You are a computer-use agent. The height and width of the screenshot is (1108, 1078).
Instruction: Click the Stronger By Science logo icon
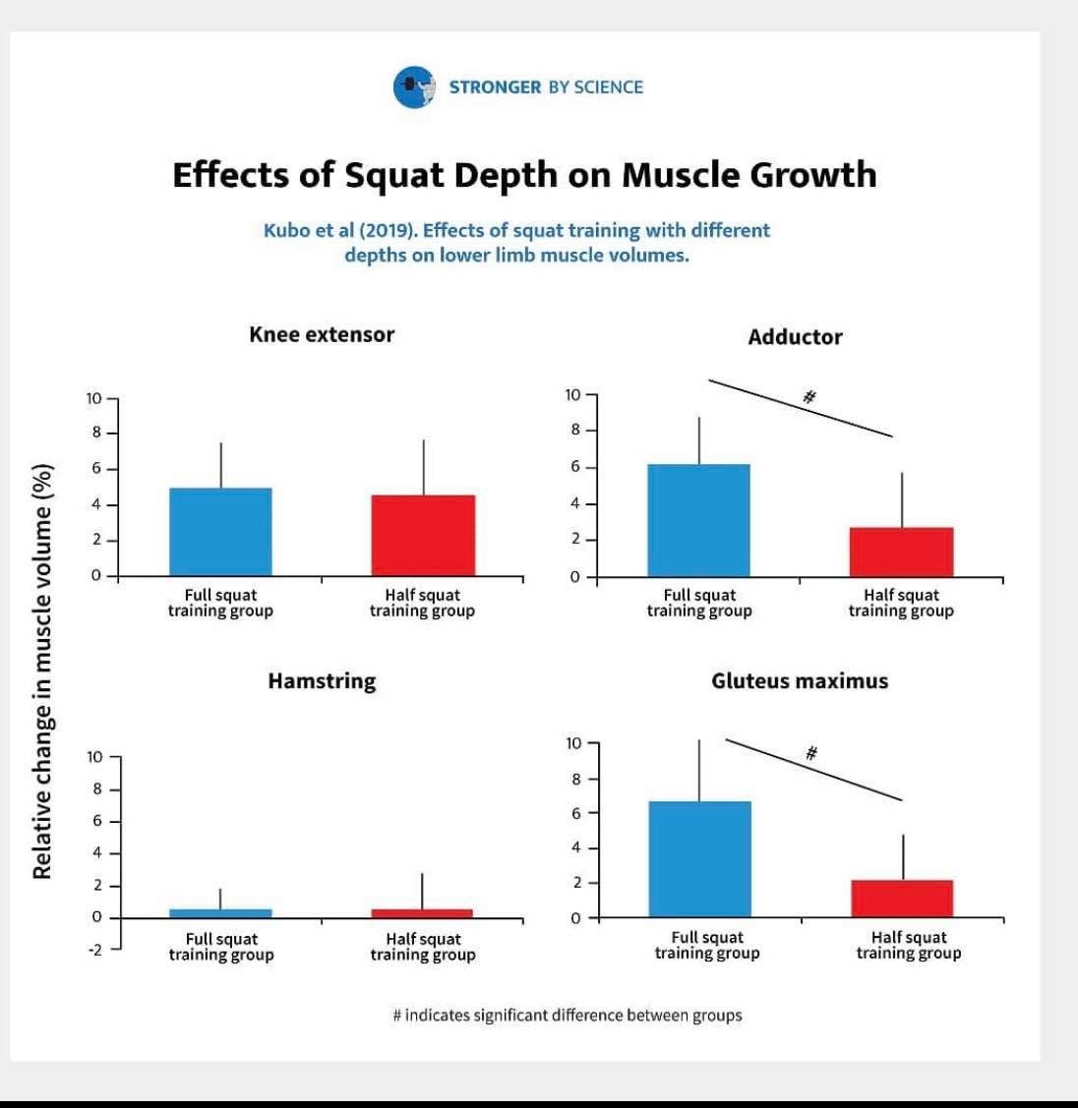(413, 87)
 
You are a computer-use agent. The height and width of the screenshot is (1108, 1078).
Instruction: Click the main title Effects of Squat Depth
(524, 175)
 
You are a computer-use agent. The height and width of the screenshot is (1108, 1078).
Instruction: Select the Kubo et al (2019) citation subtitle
(516, 242)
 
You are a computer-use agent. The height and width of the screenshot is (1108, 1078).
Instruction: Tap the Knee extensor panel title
(322, 334)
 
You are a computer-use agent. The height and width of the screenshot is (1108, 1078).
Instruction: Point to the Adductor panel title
(795, 337)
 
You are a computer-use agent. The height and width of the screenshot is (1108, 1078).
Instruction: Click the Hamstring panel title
(322, 680)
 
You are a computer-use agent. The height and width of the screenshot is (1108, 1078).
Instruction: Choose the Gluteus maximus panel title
(799, 680)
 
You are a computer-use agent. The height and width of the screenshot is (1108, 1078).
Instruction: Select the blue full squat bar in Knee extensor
(220, 532)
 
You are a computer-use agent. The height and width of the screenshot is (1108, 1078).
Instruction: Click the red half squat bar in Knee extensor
(423, 536)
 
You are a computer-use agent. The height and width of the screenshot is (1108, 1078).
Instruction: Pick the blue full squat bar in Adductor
(698, 520)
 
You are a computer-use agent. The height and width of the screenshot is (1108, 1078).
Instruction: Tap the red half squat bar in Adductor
(901, 553)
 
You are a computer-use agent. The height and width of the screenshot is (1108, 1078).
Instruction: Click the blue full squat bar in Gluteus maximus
(699, 859)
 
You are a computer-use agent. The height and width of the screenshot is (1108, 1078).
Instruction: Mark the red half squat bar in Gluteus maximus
(902, 899)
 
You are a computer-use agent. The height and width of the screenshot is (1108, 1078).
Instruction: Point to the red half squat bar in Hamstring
(422, 913)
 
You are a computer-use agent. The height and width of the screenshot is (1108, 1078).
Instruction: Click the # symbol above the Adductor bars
(809, 397)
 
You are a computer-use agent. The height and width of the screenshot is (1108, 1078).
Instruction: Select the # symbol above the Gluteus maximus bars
(811, 753)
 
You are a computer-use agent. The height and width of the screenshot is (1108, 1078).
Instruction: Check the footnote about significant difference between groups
(567, 1015)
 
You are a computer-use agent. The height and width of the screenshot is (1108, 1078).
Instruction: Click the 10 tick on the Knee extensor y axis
(92, 398)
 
